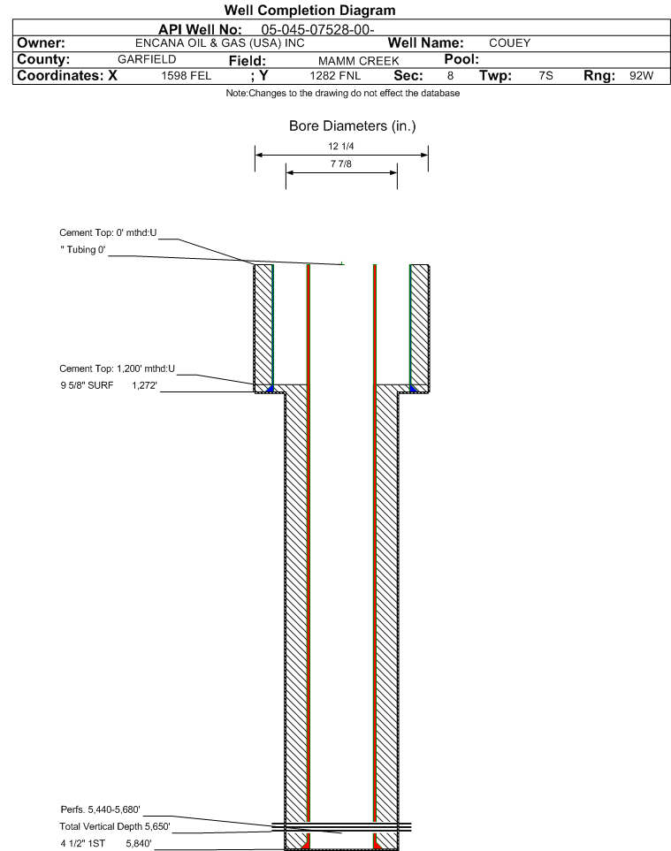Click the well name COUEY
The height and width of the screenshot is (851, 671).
[x=509, y=43]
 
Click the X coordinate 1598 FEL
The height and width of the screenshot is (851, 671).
[x=187, y=76]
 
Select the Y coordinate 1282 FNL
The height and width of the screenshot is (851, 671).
[x=334, y=76]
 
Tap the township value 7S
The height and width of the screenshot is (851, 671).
[x=545, y=76]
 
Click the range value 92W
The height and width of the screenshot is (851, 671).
[x=640, y=76]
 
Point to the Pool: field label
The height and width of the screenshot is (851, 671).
[x=459, y=59]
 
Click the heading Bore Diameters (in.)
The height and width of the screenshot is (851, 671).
[x=352, y=126]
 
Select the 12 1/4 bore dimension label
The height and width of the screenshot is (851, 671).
[x=341, y=146]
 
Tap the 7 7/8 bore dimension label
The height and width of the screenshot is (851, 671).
[x=341, y=163]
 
